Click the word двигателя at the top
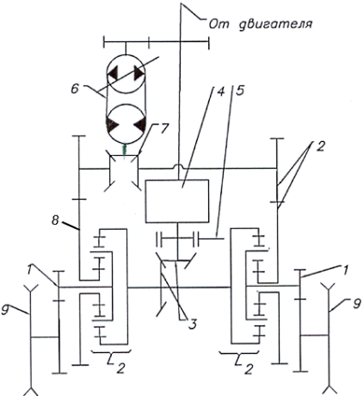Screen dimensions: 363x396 [x=275, y=24]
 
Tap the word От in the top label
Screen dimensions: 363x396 [x=218, y=24]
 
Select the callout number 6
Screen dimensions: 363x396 [x=75, y=89]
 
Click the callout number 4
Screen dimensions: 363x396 [x=221, y=90]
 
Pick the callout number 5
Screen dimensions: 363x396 [x=240, y=90]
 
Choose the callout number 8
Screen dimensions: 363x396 [x=55, y=220]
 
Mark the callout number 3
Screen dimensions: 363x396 [x=193, y=325]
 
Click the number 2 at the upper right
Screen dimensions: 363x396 [x=320, y=146]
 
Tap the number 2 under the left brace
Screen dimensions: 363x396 [x=120, y=368]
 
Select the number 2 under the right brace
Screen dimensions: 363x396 [x=249, y=369]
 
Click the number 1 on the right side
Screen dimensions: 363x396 [x=347, y=270]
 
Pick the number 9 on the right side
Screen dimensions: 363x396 [x=356, y=304]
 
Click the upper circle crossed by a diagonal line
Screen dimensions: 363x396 [x=126, y=74]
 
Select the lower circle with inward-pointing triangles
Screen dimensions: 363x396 [x=126, y=125]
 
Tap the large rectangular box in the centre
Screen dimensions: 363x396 [x=177, y=201]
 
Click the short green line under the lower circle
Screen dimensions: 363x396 [x=125, y=150]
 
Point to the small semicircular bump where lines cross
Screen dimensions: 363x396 [x=179, y=165]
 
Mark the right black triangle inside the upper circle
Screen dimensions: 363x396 [x=138, y=74]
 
